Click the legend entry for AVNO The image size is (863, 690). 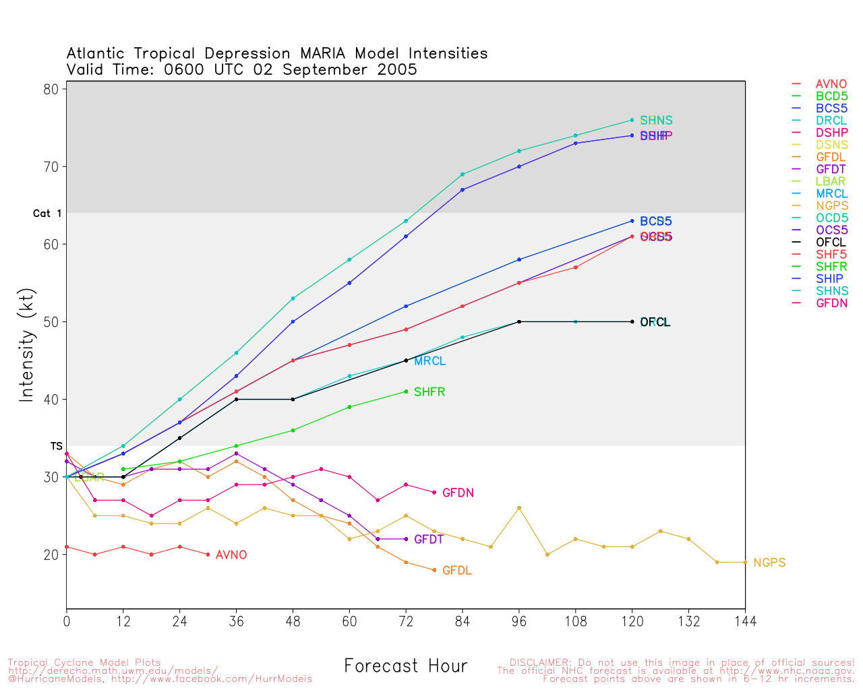pos(831,84)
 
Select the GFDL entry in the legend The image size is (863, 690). pos(831,157)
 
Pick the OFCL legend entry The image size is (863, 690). pos(831,243)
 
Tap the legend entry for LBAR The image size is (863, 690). pos(831,181)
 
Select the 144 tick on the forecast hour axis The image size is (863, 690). pos(745,621)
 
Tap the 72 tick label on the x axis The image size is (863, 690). pos(406,621)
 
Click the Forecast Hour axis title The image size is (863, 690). pos(405,666)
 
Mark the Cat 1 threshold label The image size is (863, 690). pos(47,214)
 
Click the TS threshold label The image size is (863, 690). pos(56,446)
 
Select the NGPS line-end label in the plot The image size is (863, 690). pos(769,563)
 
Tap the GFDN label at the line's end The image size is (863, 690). pos(458,493)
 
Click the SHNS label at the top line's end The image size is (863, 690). pos(656,121)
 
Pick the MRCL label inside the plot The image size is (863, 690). pos(429,361)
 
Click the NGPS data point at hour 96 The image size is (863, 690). pos(519,508)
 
